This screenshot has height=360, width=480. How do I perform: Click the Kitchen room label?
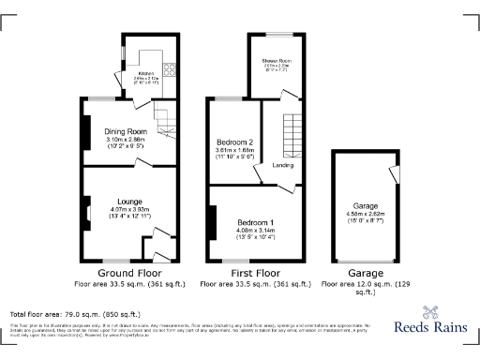tap(145, 72)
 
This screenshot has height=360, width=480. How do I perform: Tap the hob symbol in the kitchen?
tap(170, 67)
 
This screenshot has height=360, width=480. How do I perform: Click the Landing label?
tap(282, 165)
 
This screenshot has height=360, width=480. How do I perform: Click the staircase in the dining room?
tap(165, 123)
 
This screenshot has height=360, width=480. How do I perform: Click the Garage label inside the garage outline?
tap(366, 205)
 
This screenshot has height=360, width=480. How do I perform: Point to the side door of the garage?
tap(392, 175)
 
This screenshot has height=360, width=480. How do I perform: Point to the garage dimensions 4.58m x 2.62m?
tap(366, 214)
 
